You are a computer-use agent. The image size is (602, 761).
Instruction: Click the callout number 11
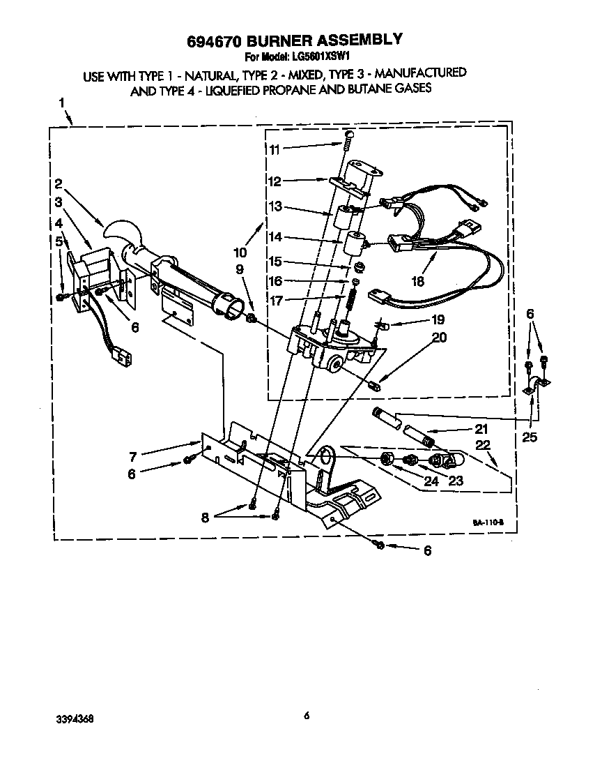(274, 149)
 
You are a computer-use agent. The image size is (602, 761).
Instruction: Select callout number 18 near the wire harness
(417, 282)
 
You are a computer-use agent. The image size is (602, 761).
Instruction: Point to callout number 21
(481, 430)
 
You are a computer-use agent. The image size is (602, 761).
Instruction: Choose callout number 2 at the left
(59, 184)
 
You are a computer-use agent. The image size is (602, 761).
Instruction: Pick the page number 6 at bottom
(306, 714)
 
